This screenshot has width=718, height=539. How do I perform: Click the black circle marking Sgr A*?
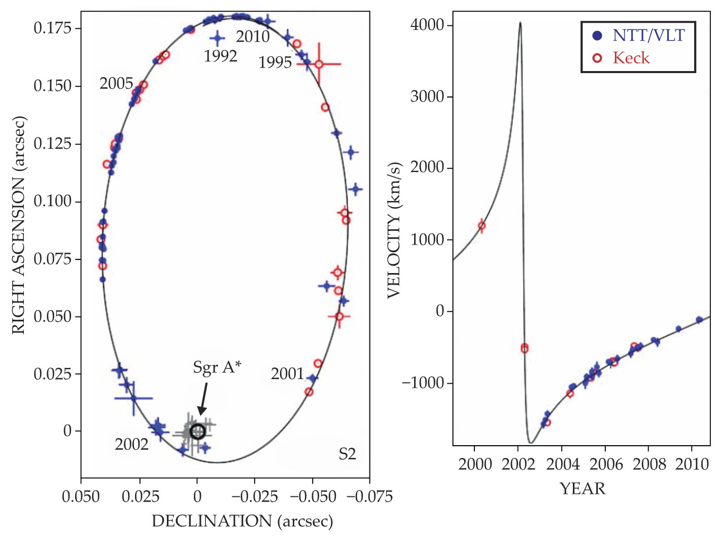click(x=197, y=432)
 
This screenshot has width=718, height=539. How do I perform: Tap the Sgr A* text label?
click(x=217, y=367)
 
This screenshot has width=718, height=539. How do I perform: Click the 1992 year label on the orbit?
click(x=220, y=56)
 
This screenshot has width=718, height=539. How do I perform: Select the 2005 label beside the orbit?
click(x=116, y=84)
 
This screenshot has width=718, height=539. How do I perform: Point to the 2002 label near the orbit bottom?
click(x=131, y=445)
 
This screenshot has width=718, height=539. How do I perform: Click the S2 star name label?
click(x=347, y=454)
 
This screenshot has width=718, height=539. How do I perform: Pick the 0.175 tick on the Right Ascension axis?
click(x=53, y=28)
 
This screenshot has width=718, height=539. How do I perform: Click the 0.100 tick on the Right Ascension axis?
click(x=53, y=201)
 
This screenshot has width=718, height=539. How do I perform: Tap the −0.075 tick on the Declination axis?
click(x=369, y=496)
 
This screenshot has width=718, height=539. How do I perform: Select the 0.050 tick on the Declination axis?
click(x=81, y=496)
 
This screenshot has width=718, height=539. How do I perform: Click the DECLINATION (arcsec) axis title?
click(x=242, y=521)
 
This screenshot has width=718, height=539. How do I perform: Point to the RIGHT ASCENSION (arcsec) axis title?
click(x=18, y=225)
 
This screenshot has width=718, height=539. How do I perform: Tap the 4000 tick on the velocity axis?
click(x=427, y=25)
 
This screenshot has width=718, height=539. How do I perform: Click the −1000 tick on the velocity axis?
click(x=423, y=383)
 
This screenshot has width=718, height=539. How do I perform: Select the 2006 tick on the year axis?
click(x=606, y=464)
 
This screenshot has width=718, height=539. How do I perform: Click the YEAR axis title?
click(x=583, y=489)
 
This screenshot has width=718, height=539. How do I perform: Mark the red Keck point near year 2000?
click(x=482, y=226)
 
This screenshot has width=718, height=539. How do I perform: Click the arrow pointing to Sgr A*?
click(x=203, y=398)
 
